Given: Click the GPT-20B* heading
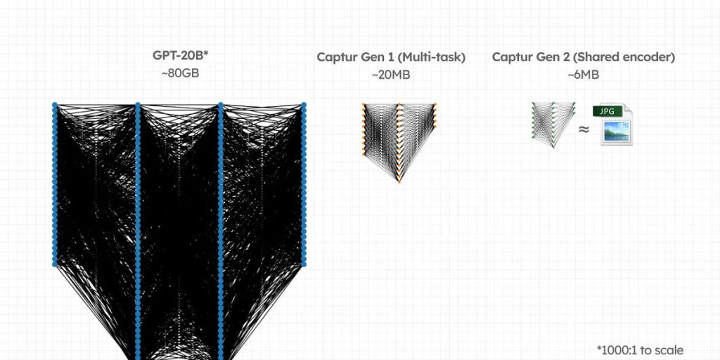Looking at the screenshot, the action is [x=181, y=56].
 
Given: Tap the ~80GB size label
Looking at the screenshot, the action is [x=181, y=73].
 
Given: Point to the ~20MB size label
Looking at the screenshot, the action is [x=391, y=75].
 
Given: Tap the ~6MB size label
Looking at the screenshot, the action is [x=583, y=75].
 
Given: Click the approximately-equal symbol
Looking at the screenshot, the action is [x=584, y=130].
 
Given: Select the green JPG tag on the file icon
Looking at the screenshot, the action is [x=607, y=111].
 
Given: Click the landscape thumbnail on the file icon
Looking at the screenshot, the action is [x=617, y=131].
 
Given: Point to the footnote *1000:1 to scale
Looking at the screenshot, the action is [x=640, y=350].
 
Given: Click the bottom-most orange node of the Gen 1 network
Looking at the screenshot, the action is [x=399, y=182].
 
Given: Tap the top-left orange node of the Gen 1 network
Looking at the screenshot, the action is [x=364, y=104].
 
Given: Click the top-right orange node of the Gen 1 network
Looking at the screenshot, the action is [x=435, y=104].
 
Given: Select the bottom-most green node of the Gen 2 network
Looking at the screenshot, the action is [x=553, y=147].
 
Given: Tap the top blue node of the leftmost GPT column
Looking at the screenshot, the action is [x=55, y=105].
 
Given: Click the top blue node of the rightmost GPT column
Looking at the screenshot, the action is [x=304, y=105].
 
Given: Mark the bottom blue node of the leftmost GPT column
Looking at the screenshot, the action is [x=55, y=264].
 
